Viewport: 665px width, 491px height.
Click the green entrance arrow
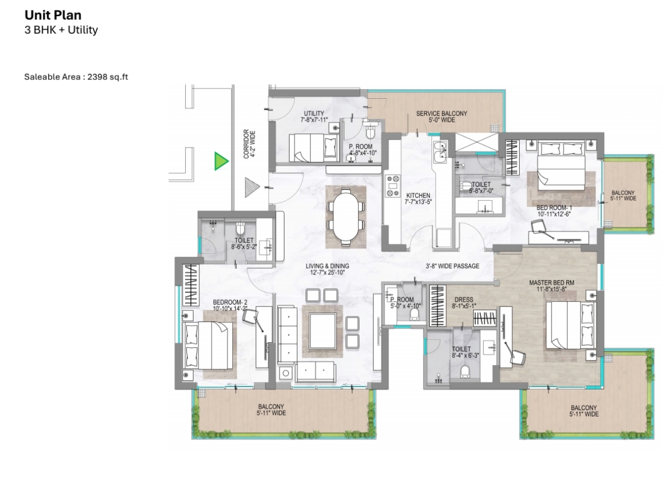221,161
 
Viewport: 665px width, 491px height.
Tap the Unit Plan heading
53,15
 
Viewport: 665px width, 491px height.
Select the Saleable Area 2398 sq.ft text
76,77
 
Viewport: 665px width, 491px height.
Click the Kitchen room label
418,199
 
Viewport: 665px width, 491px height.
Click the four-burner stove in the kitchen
393,186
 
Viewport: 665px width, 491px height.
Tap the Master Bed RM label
551,286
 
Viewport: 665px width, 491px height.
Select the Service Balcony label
442,117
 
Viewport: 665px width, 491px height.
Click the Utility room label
314,116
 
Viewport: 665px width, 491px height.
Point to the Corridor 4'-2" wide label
249,144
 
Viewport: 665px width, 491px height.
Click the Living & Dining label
327,269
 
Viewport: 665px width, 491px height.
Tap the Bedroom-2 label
230,305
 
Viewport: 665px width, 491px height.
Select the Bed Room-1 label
554,211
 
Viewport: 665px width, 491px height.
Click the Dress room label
464,302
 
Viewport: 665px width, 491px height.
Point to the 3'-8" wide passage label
452,267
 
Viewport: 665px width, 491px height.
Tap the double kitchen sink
440,150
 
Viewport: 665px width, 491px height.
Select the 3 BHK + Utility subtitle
61,30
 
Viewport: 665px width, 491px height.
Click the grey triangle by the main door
252,187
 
